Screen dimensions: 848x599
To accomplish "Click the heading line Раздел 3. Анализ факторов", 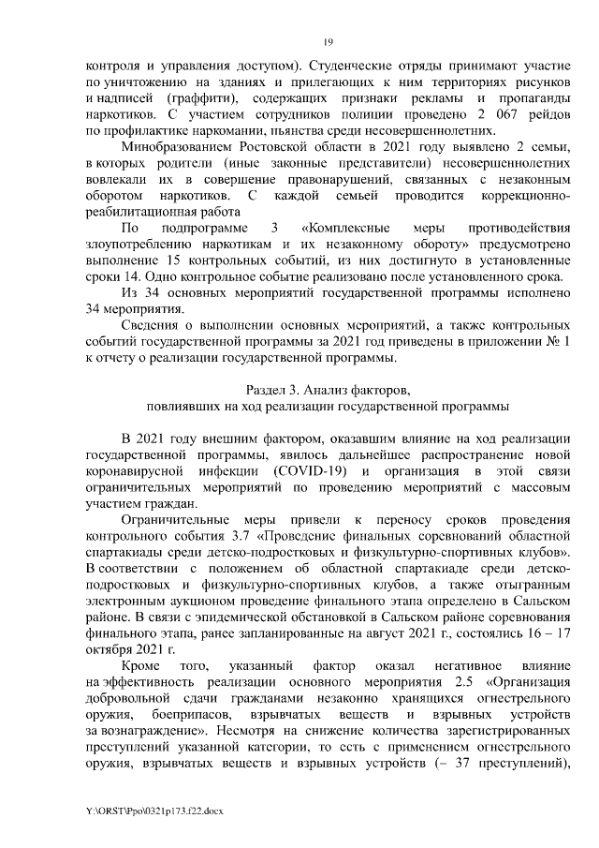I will tap(328, 390).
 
